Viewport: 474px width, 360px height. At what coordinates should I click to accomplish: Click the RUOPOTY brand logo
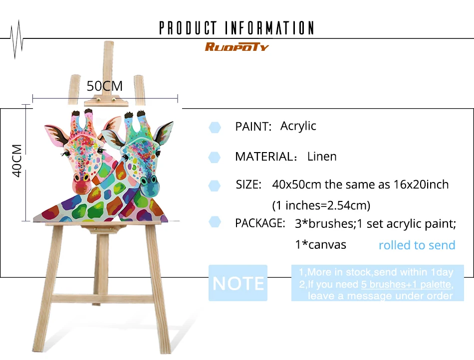click(x=237, y=47)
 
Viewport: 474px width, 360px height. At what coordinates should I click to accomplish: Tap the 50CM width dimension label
click(x=105, y=86)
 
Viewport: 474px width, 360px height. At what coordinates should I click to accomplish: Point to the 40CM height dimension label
click(x=17, y=161)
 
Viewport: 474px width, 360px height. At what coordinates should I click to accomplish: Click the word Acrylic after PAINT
click(x=298, y=126)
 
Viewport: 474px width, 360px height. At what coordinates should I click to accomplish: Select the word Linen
click(x=322, y=157)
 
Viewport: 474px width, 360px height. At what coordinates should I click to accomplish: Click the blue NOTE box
click(x=238, y=283)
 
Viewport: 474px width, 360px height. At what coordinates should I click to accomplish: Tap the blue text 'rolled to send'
click(x=417, y=245)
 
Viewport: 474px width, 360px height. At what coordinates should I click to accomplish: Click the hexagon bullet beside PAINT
click(x=215, y=127)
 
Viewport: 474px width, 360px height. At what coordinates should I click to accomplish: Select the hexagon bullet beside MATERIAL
click(x=215, y=158)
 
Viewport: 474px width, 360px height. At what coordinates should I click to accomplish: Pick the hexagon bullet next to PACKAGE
click(x=215, y=222)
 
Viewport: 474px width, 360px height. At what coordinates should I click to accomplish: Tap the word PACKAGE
click(x=260, y=223)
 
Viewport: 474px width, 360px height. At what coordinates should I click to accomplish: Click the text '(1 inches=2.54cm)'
click(x=321, y=205)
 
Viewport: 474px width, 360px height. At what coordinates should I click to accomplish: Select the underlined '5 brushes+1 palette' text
click(x=407, y=284)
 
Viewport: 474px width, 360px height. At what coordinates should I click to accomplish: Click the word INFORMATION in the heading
click(x=269, y=28)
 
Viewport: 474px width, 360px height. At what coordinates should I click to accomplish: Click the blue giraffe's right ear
click(x=164, y=133)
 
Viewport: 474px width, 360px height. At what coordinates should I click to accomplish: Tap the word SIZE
click(x=248, y=184)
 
